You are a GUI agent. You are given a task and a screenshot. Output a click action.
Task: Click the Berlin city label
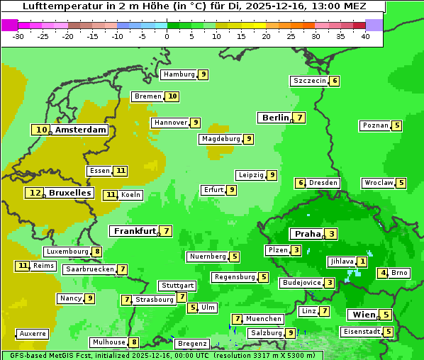pos(275,118)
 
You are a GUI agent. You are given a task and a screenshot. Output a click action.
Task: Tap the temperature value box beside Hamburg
pos(203,74)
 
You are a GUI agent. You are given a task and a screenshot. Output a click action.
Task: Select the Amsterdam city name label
pos(81,130)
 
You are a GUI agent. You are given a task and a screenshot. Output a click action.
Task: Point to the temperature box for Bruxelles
pos(34,193)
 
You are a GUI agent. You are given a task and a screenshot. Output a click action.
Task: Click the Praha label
pos(308,234)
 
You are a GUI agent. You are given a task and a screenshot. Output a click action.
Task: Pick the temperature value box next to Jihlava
pos(362,261)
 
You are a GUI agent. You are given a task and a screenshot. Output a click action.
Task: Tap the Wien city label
pos(362,315)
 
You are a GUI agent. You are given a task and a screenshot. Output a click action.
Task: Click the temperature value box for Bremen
pos(172,96)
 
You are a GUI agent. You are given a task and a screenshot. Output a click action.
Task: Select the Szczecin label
pos(310,81)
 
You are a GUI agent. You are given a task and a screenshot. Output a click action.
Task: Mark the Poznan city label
pos(375,125)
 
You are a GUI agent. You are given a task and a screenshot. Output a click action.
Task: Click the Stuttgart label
pos(177,286)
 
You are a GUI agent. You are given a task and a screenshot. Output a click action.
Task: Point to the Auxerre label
pos(33,333)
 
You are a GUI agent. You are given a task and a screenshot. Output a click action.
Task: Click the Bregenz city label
pos(192,344)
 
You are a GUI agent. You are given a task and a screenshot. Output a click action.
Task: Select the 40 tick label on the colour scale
pos(365,36)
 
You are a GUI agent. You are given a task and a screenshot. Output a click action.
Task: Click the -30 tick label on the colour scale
pos(18,36)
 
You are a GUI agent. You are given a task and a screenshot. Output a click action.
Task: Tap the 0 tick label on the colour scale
pos(167,36)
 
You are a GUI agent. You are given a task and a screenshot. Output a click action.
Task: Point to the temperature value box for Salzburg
pos(291,333)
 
